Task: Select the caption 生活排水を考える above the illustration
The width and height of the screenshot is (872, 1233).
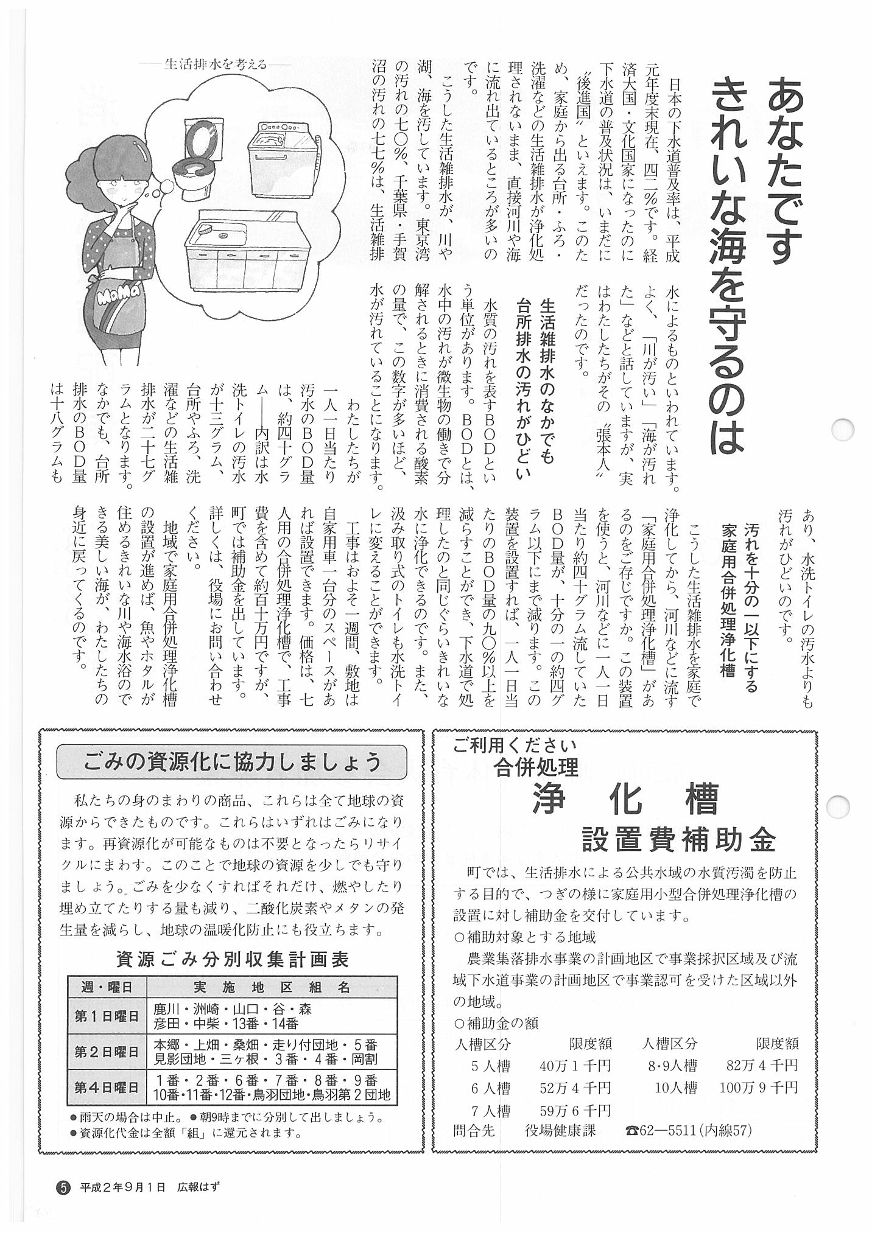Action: [x=216, y=64]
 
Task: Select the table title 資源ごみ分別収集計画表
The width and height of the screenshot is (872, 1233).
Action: [x=232, y=960]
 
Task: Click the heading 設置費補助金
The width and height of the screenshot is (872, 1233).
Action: [x=678, y=841]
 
